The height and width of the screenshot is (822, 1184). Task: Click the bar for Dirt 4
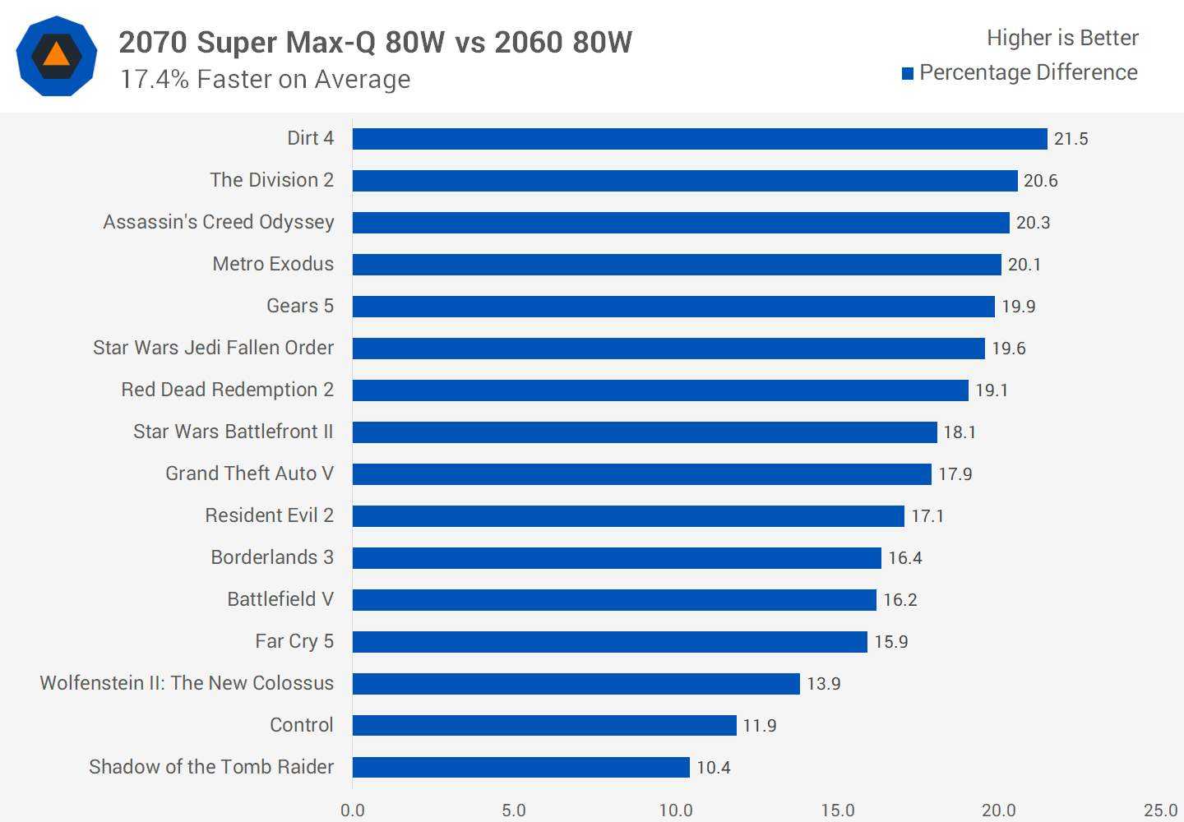[x=700, y=139]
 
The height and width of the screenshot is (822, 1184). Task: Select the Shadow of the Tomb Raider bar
[x=520, y=767]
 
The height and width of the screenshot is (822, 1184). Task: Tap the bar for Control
[x=544, y=725]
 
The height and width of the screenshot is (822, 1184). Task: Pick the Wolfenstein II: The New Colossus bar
[x=576, y=684]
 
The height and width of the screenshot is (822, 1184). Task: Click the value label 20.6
[x=1040, y=181]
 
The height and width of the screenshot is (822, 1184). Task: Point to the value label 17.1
[x=927, y=516]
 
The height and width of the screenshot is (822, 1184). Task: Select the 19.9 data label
[x=1018, y=307]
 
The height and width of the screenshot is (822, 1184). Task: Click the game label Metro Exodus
[x=273, y=264]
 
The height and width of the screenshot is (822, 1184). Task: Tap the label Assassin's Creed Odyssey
[x=219, y=222]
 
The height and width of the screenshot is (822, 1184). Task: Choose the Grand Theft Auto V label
[x=249, y=473]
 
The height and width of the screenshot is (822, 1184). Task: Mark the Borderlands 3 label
[x=272, y=557]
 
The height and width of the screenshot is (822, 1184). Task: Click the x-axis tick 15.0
[x=837, y=810]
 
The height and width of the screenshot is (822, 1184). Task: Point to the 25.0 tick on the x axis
[x=1160, y=810]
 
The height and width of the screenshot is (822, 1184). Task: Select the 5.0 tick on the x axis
[x=514, y=810]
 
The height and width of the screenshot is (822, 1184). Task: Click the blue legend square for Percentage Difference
[x=908, y=74]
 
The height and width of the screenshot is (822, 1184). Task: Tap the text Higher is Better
[x=1062, y=38]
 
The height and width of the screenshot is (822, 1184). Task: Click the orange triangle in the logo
[x=56, y=55]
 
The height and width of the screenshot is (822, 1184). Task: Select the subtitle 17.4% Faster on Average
[x=265, y=80]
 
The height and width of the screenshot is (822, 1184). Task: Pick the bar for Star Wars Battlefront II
[x=645, y=432]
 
